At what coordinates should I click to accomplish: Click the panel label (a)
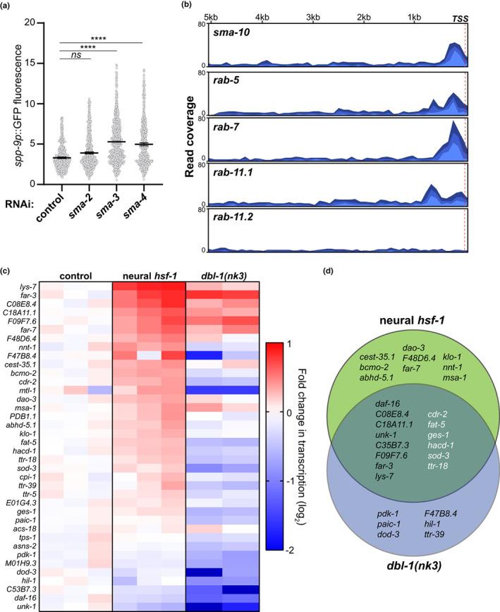pos(6,6)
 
